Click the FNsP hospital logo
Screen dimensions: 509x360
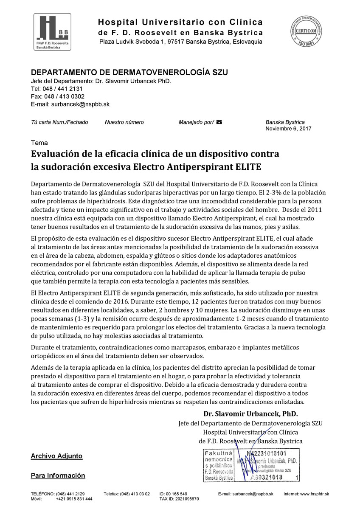coord(52,32)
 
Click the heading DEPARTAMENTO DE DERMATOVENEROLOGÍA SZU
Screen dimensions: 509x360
coord(129,73)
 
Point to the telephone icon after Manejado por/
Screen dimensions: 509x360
coord(219,122)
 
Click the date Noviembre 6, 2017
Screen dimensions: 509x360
coord(288,129)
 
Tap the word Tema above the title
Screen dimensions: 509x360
coord(39,143)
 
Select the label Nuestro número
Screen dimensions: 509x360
coord(124,122)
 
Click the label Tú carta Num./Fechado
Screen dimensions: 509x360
coord(59,122)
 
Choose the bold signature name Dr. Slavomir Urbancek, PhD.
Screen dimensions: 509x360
coord(250,413)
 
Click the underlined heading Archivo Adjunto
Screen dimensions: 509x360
coord(56,456)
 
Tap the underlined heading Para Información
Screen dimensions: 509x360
coord(58,476)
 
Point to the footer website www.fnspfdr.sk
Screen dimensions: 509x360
coord(314,494)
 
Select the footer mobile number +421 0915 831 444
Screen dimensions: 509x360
coord(74,499)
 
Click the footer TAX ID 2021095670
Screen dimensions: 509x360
coord(179,499)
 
